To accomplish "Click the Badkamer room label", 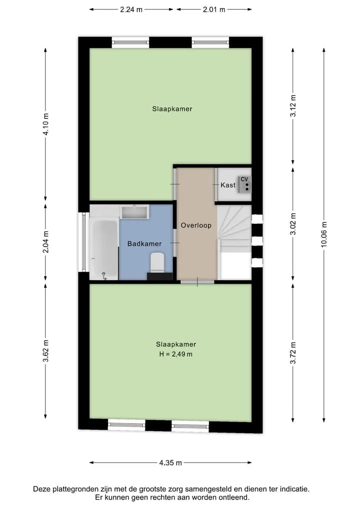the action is tap(144, 244).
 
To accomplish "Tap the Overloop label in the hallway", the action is tap(196, 225).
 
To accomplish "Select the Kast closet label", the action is tap(228, 185).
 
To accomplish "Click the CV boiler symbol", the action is tap(244, 184).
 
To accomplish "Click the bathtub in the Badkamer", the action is tap(103, 248).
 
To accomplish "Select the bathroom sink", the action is tap(134, 212).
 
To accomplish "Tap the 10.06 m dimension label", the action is tap(324, 235).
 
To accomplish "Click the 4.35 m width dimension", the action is tap(170, 463).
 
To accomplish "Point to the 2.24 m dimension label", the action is tap(131, 9).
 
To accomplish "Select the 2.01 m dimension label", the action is tap(214, 9).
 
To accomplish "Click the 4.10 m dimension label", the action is tap(45, 124).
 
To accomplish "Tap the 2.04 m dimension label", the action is tap(45, 242).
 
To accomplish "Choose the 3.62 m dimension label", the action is tap(45, 351).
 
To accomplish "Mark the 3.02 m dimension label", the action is tap(293, 224).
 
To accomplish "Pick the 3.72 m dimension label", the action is tap(293, 353).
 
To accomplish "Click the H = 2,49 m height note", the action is tap(176, 354).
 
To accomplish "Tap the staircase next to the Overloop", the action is tap(234, 242).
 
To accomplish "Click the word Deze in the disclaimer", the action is tap(42, 489).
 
